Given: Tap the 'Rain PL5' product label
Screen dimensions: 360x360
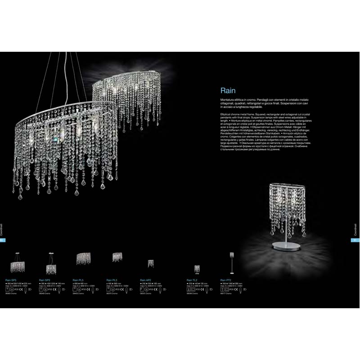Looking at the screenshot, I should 78,279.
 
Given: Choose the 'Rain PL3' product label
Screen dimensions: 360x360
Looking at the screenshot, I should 112,279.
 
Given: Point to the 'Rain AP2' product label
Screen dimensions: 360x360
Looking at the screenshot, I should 145,279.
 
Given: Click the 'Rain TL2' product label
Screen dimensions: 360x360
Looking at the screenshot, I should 192,279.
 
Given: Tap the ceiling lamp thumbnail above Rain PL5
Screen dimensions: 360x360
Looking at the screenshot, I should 83,258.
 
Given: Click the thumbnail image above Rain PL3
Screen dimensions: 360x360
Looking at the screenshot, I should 117,256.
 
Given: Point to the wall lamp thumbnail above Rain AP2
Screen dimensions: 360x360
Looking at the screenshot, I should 151,263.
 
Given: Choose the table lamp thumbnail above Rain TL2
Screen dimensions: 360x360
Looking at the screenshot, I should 197,269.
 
